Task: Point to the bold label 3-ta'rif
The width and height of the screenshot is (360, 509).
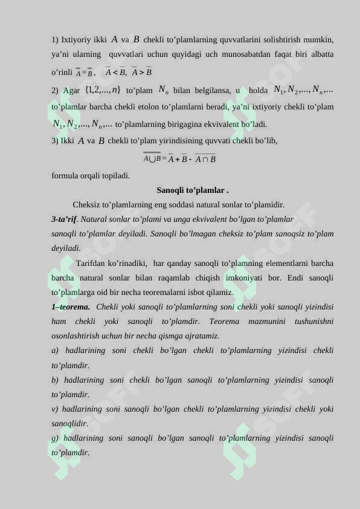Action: point(65,219)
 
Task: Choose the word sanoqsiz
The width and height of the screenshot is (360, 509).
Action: point(290,234)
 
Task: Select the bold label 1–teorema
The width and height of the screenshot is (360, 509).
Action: point(71,307)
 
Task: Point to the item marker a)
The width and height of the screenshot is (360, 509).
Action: point(56,351)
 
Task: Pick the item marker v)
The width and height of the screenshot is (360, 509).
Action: point(56,409)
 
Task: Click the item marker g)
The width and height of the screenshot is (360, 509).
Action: point(56,438)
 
